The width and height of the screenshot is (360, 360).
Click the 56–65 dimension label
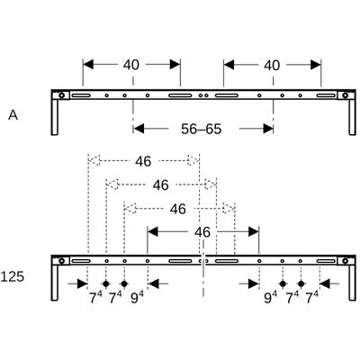point(202,129)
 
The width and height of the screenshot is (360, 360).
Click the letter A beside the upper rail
point(13,115)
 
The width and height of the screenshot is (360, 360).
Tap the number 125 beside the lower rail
point(12,276)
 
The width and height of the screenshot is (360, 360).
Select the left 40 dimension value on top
point(131,65)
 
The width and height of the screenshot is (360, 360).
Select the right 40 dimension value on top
point(272,65)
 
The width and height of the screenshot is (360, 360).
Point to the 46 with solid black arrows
point(202,232)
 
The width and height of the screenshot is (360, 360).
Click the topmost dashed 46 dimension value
point(143,161)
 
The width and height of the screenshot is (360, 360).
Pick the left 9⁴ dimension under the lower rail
point(137,298)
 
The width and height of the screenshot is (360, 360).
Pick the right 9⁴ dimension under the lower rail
point(271,298)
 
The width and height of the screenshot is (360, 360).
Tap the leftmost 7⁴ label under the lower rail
point(95,298)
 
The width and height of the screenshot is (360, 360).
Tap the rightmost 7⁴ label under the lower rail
point(311,298)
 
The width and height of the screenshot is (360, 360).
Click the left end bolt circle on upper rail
point(61,95)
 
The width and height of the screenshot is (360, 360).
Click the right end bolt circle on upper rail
point(346,95)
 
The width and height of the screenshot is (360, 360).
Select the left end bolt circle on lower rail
point(61,261)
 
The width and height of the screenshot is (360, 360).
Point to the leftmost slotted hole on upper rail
point(81,95)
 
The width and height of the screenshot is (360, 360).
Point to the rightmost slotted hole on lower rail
point(326,261)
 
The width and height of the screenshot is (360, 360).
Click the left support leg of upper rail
point(55,117)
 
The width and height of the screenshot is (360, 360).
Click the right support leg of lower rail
point(352,283)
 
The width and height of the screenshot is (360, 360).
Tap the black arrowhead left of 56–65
point(139,129)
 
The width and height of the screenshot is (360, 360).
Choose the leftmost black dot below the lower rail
point(105,283)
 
